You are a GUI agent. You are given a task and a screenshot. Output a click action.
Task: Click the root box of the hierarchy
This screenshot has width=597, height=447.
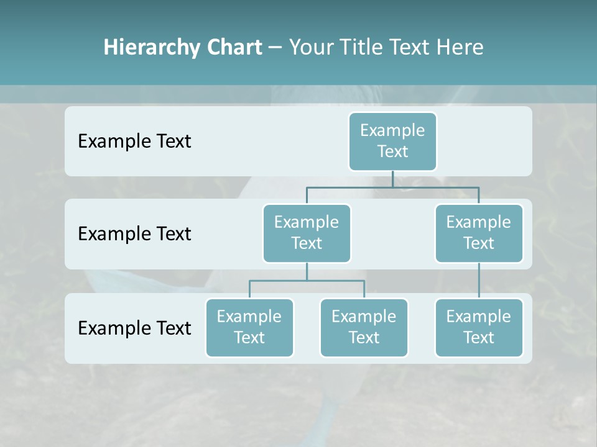click(392, 141)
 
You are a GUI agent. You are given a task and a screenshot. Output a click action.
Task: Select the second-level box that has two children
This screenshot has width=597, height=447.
click(307, 233)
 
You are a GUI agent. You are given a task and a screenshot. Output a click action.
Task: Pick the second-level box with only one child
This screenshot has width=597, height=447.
click(479, 233)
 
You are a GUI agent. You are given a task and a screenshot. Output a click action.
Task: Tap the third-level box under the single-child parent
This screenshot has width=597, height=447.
click(479, 327)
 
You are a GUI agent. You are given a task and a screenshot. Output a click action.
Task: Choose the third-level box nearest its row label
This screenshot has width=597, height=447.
click(249, 327)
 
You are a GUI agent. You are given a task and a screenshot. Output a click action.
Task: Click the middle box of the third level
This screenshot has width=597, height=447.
click(364, 327)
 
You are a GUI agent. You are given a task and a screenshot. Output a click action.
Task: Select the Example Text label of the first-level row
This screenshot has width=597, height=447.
click(134, 142)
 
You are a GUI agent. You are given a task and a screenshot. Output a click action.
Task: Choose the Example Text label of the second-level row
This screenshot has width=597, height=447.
click(134, 234)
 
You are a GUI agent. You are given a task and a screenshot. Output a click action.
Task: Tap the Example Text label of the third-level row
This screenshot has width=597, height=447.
click(134, 328)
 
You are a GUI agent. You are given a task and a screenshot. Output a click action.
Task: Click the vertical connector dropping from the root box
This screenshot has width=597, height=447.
click(392, 179)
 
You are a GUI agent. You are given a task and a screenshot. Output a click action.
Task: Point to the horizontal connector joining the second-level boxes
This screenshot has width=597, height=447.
click(392, 187)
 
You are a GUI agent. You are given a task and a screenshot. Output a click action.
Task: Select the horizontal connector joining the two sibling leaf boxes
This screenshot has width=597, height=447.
click(307, 281)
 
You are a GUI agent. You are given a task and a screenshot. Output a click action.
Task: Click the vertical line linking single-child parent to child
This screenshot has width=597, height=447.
click(479, 281)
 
